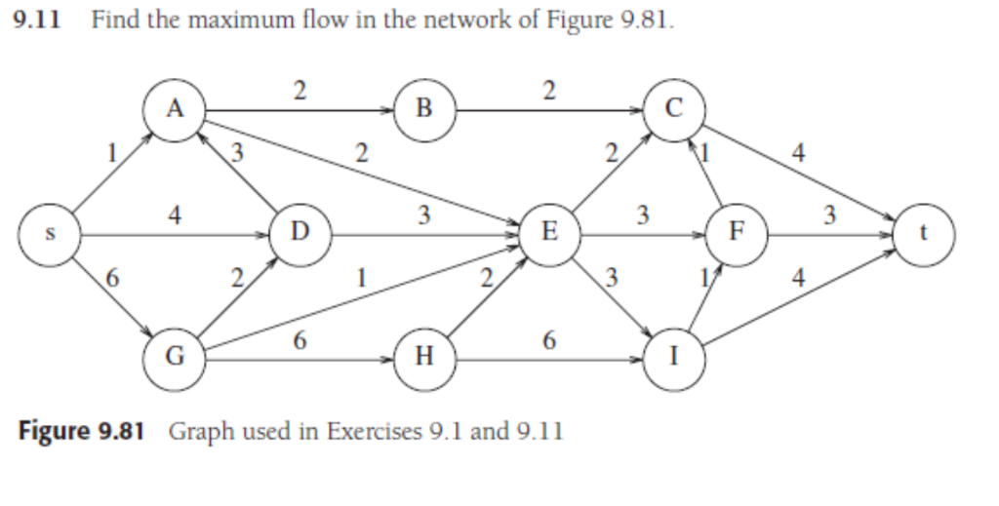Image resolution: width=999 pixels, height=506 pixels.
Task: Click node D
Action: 299,235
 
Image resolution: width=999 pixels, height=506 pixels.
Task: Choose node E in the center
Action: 549,235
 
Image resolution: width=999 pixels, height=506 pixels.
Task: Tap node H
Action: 423,360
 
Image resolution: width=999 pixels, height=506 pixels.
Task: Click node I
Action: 673,360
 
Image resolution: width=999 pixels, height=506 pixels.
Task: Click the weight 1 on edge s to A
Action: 114,152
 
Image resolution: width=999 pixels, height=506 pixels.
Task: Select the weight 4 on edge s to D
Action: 173,216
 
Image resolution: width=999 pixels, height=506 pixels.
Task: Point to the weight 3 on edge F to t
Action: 829,216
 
